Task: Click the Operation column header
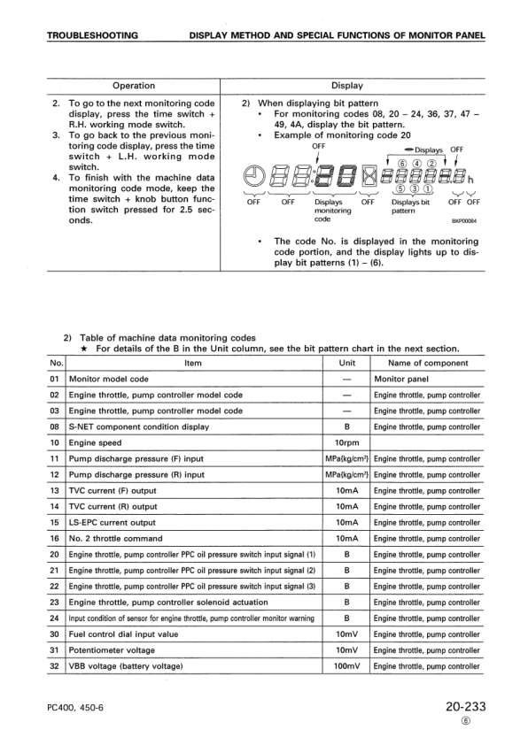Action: coord(133,86)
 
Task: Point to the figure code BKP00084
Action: coord(464,222)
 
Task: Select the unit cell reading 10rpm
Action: coord(346,442)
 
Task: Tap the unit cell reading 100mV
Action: coord(346,666)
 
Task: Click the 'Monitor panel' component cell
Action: coord(402,379)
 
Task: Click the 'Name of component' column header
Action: coord(428,363)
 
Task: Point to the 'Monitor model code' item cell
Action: coord(109,379)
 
